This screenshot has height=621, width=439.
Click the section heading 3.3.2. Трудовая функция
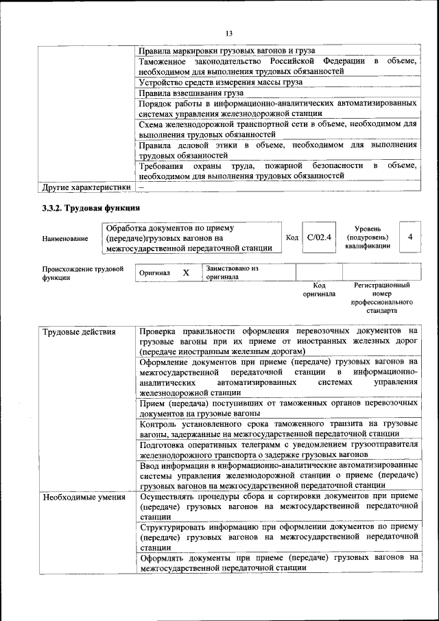[91, 207]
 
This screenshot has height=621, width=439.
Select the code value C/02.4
[319, 237]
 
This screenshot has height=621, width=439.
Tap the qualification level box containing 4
[410, 237]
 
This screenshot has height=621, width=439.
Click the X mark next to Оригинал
[186, 272]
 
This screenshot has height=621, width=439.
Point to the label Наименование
[65, 238]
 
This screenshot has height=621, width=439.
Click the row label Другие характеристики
[86, 187]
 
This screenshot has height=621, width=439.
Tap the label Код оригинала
[319, 289]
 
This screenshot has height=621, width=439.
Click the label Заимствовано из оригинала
[232, 272]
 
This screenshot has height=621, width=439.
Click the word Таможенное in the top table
[163, 62]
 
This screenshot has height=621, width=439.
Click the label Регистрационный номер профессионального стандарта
[381, 297]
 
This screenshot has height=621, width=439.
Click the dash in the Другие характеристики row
[141, 187]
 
